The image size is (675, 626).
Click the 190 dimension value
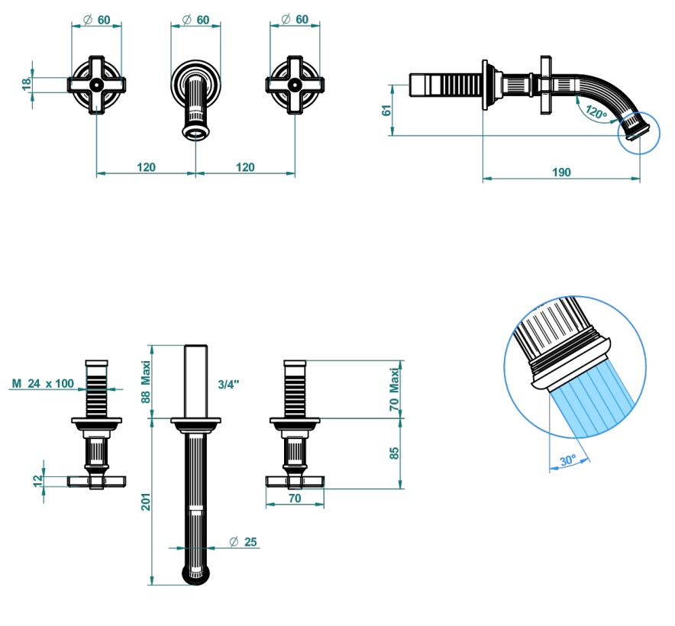point(560,173)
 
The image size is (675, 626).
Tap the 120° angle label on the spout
point(596,112)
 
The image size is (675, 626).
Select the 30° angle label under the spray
point(567,461)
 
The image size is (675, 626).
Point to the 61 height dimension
point(386,109)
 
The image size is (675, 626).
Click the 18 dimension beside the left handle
point(27,83)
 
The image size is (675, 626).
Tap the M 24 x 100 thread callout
point(43,383)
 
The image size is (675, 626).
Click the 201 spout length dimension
point(147,502)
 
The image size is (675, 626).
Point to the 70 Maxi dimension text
point(395,389)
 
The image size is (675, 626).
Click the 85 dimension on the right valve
point(395,453)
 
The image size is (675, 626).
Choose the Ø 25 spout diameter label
point(244,542)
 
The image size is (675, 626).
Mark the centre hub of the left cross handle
point(96,85)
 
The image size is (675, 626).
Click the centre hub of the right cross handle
point(294,85)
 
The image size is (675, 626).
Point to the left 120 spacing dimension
point(146,167)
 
